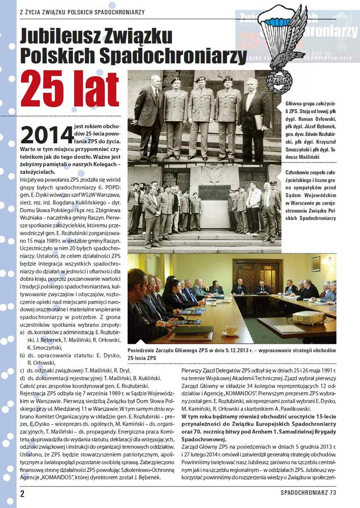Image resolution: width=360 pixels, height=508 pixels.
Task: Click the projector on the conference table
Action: [309, 317]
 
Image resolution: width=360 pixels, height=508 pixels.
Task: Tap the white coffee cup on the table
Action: [231, 330]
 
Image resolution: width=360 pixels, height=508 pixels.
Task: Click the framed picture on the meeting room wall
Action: [316, 263]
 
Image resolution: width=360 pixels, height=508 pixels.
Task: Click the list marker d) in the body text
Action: [22, 378]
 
